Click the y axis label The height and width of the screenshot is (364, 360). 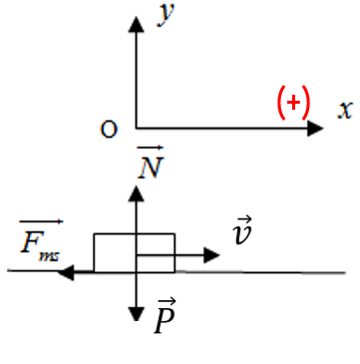[x=166, y=15]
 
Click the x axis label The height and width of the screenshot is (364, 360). [x=344, y=110]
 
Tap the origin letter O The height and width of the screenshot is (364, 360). [x=109, y=130]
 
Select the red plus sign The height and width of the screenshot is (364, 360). [x=293, y=103]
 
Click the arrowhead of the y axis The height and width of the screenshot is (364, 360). [x=136, y=24]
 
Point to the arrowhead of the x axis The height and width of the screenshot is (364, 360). [x=315, y=128]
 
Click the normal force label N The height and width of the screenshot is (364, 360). [x=151, y=168]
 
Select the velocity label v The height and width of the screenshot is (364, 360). [x=242, y=233]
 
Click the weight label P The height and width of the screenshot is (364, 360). [x=166, y=320]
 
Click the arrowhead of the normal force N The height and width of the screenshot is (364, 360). [x=136, y=193]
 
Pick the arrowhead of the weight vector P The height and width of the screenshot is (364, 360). [x=136, y=313]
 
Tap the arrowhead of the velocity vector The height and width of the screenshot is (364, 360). [x=211, y=255]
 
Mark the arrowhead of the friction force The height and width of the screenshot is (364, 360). [x=66, y=272]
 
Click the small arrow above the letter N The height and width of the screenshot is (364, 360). [x=151, y=147]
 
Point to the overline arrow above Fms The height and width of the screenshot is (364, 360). [x=41, y=221]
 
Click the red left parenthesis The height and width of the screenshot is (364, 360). [x=281, y=103]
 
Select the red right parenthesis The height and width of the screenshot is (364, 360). [x=305, y=103]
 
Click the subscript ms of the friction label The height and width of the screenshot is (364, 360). [x=49, y=256]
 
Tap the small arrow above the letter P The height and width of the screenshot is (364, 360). [x=168, y=302]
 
